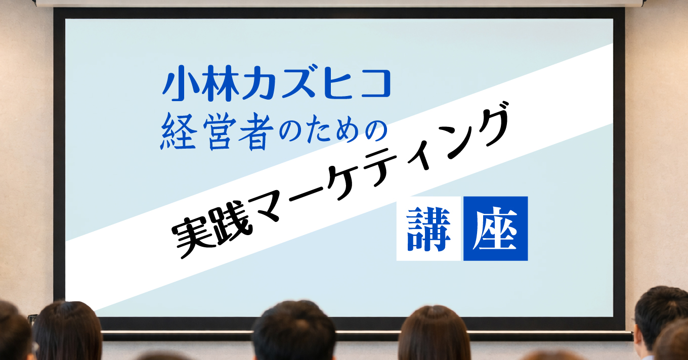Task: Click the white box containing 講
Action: (x=428, y=229)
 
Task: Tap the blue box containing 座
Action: (x=495, y=229)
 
